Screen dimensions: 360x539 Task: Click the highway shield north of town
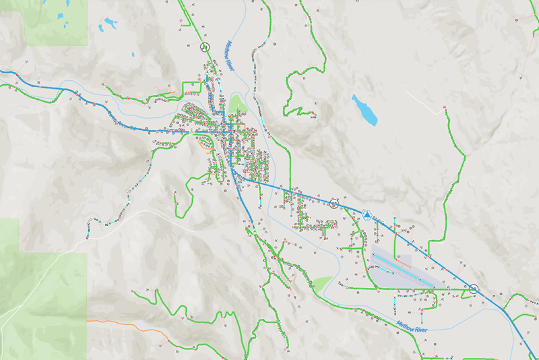pos(204,47)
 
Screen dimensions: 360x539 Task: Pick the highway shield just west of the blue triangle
pos(333,202)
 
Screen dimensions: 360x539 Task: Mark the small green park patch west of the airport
pos(322,282)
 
